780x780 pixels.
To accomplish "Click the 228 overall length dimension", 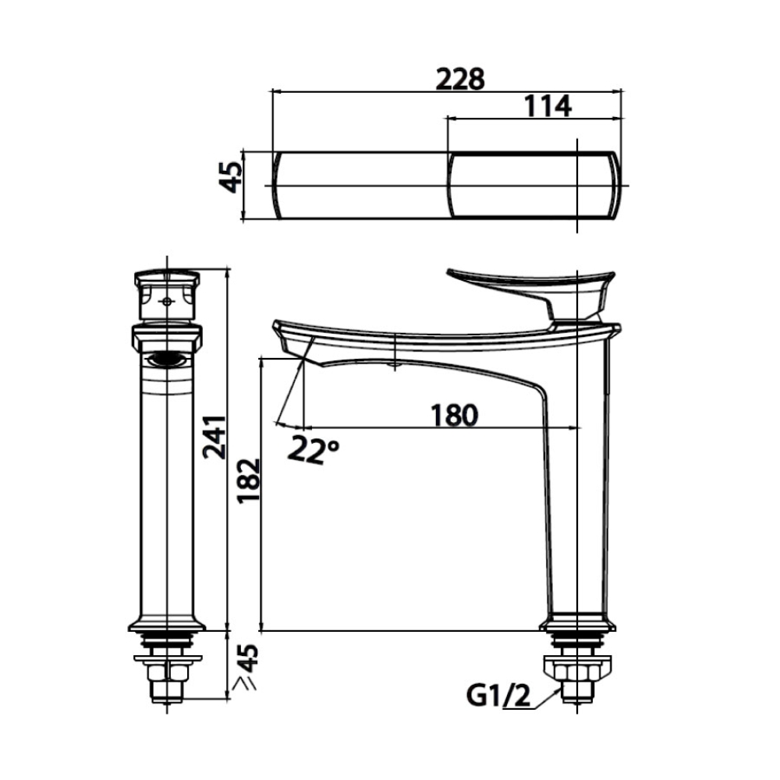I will click(x=460, y=79).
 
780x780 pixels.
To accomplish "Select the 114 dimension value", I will click(x=547, y=106).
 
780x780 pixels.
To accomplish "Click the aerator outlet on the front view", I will click(x=167, y=360).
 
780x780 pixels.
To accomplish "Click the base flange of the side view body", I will click(x=577, y=623).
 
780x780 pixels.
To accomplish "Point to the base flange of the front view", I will click(x=167, y=623).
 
